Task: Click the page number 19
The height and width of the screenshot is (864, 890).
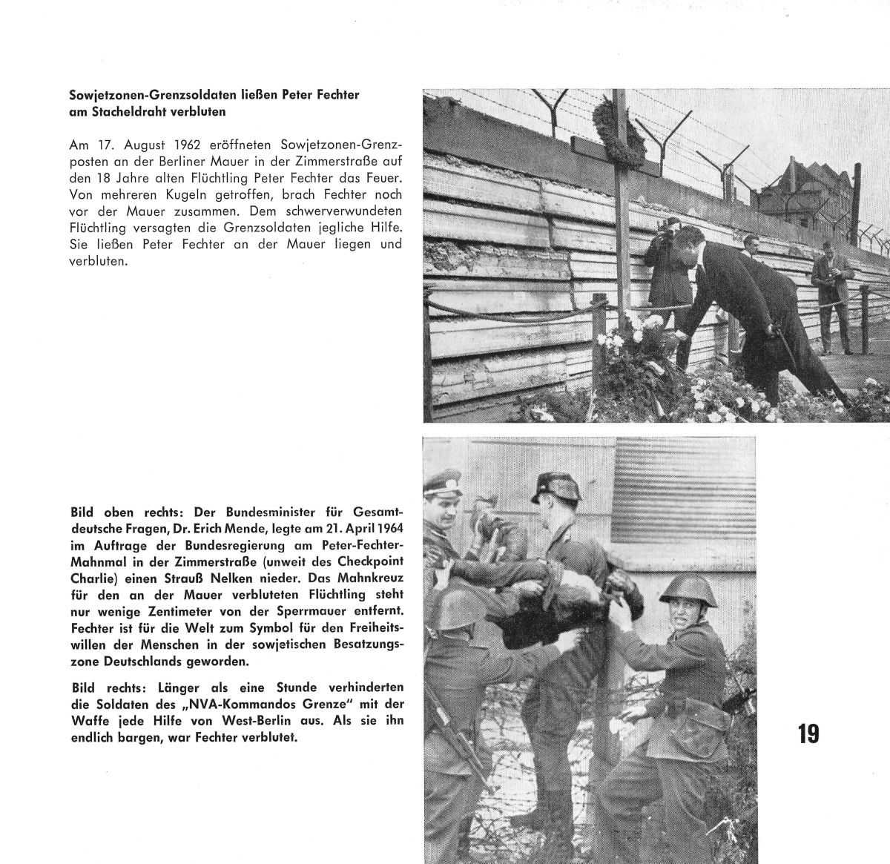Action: [x=808, y=733]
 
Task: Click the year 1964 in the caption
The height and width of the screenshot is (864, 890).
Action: [x=386, y=530]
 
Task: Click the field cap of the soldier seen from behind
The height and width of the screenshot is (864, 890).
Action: [x=553, y=488]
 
